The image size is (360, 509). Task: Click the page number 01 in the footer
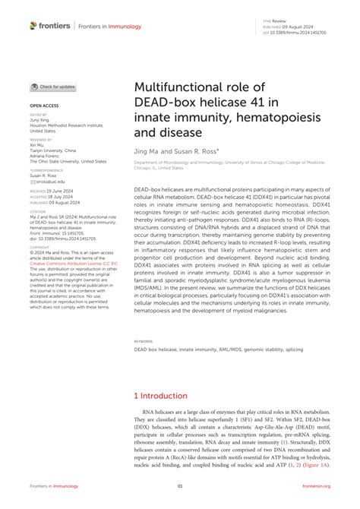pyautogui.click(x=180, y=486)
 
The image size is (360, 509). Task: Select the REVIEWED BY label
pyautogui.click(x=41, y=141)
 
